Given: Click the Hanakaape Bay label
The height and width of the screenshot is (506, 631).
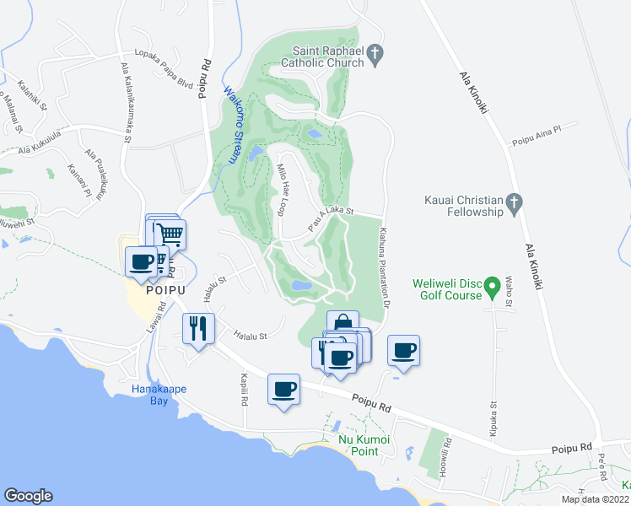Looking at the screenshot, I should pyautogui.click(x=159, y=394).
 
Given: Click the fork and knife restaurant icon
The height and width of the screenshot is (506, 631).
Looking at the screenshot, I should pyautogui.click(x=198, y=327).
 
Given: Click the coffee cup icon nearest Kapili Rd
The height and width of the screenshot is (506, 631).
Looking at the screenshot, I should pyautogui.click(x=283, y=390).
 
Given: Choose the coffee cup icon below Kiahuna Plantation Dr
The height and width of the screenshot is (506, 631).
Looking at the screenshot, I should pyautogui.click(x=403, y=350).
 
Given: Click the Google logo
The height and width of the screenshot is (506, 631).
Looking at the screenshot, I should pyautogui.click(x=28, y=496).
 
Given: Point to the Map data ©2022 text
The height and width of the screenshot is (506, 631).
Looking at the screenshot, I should pyautogui.click(x=596, y=499).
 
